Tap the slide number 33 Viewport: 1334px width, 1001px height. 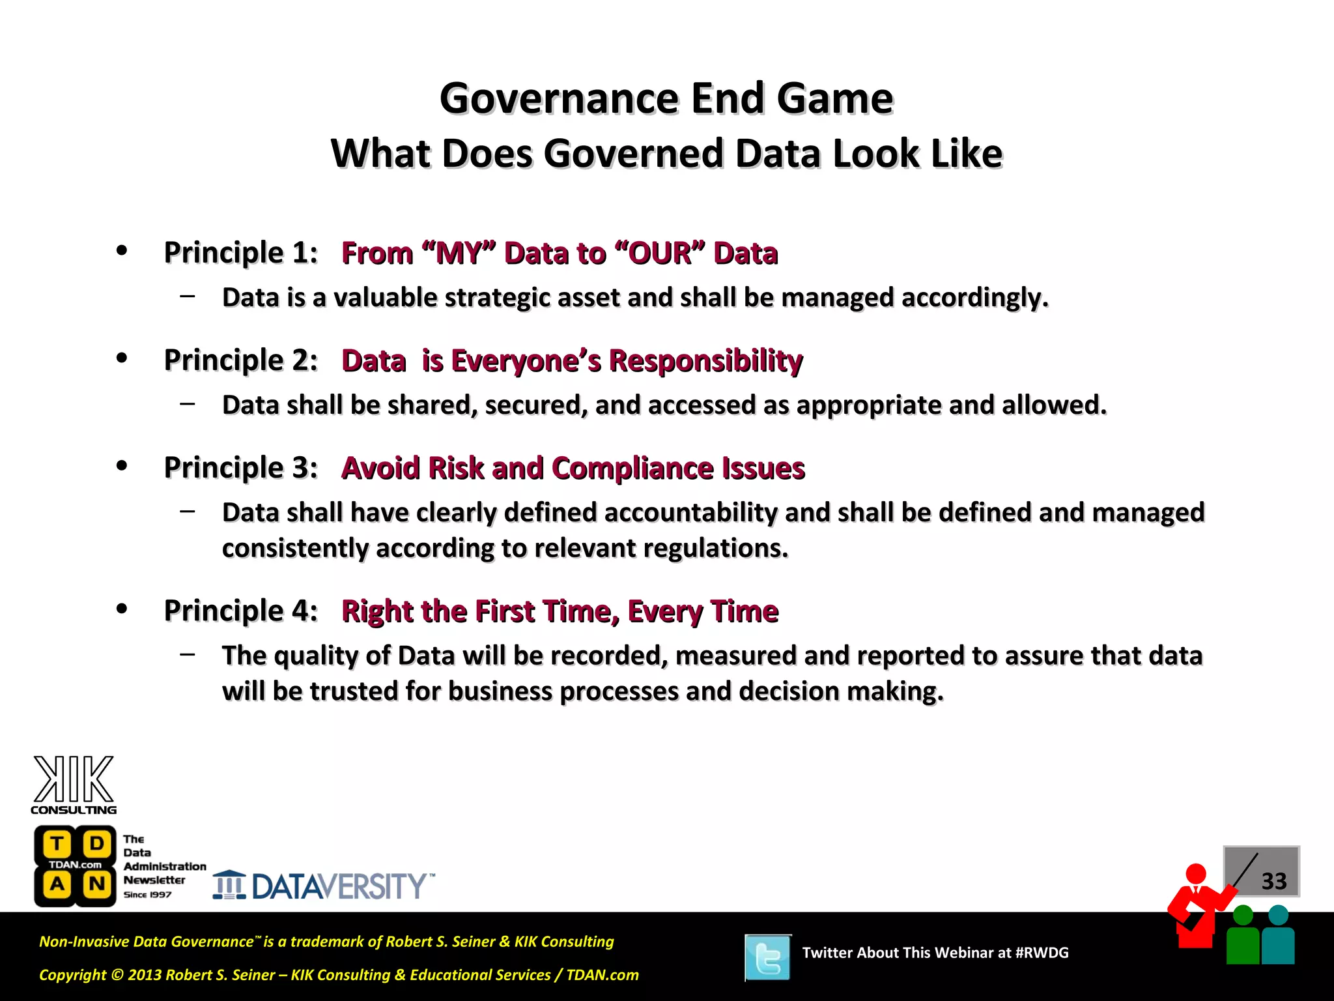(x=1273, y=881)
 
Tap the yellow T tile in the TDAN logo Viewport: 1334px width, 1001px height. (x=57, y=844)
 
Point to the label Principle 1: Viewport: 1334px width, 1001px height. (x=240, y=253)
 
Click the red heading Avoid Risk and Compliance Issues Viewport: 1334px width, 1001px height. (x=573, y=468)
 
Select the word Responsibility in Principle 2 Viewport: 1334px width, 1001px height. (x=705, y=360)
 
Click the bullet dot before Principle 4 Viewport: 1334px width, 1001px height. (x=122, y=609)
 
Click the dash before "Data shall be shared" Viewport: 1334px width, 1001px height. (x=188, y=404)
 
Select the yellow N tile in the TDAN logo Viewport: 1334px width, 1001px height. (x=97, y=884)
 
